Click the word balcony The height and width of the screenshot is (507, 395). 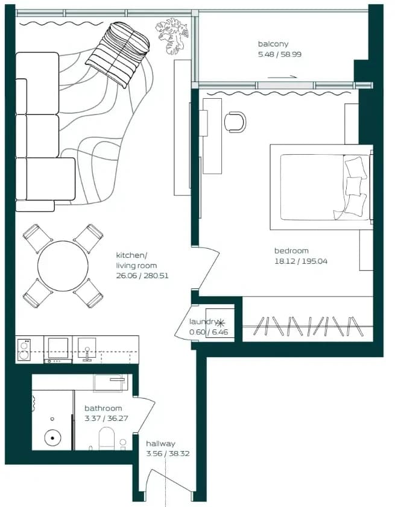(x=273, y=44)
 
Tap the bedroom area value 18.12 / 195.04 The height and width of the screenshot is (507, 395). (x=301, y=261)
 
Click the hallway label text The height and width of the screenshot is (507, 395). (x=160, y=444)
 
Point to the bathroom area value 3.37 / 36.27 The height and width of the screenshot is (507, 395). (x=106, y=418)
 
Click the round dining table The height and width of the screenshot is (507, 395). (x=63, y=266)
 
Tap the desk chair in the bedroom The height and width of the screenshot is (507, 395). (x=235, y=122)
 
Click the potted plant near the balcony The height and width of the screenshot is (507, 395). (x=172, y=36)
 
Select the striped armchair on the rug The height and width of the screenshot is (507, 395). (x=118, y=54)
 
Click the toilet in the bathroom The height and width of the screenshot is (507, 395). (x=107, y=438)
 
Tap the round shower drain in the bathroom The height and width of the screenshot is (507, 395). (x=52, y=438)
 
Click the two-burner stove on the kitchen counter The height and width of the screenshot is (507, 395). (x=24, y=349)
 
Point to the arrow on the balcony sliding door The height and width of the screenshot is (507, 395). (x=282, y=76)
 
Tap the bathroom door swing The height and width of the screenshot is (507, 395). (x=144, y=414)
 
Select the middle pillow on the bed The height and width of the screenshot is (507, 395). (x=353, y=185)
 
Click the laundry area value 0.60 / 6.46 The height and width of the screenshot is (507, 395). (x=209, y=332)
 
